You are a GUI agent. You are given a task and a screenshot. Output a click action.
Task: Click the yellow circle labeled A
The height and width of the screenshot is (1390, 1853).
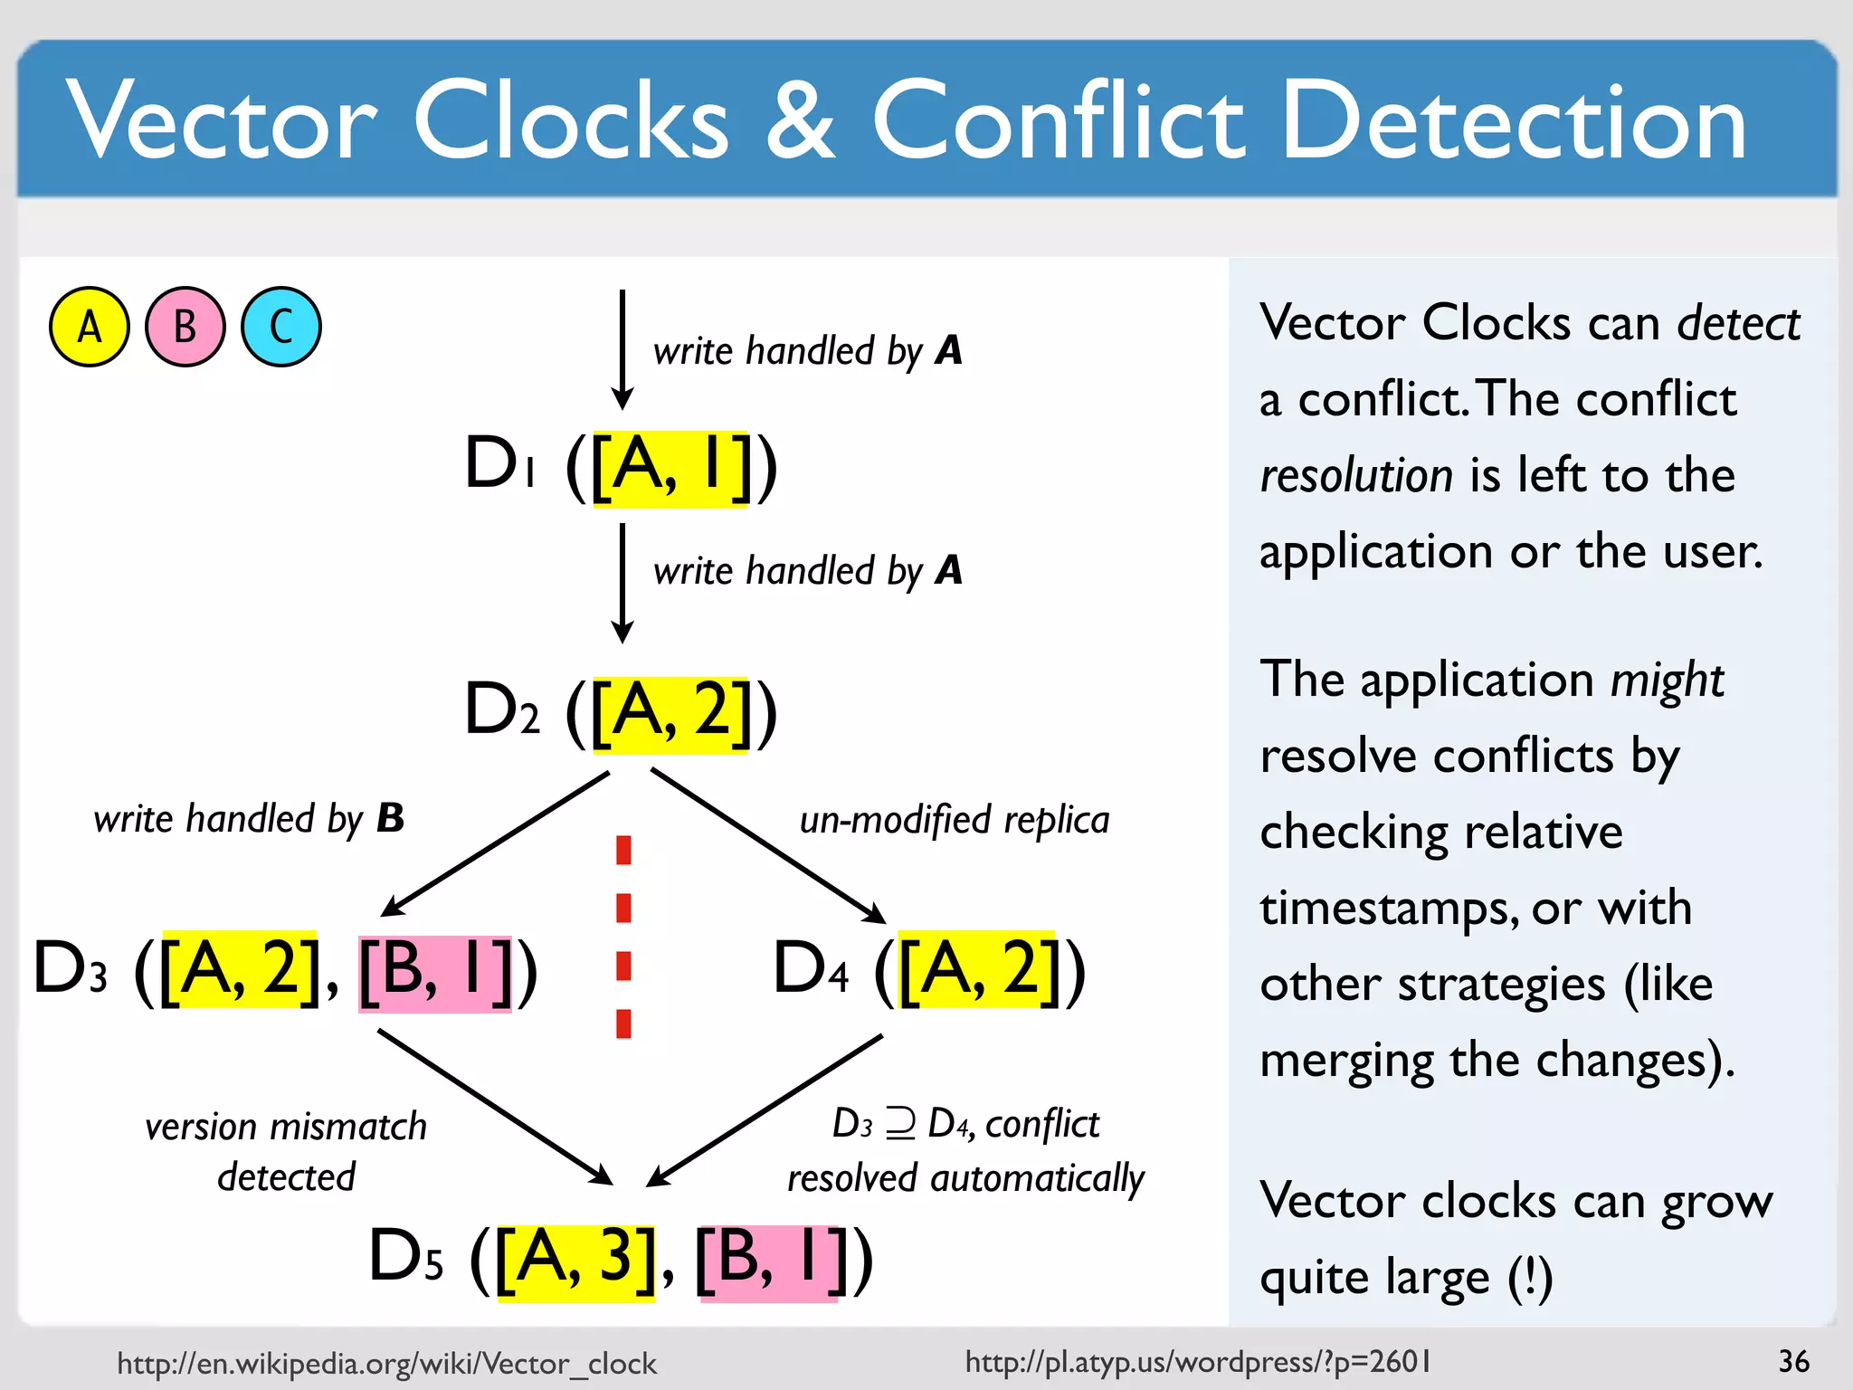pos(89,327)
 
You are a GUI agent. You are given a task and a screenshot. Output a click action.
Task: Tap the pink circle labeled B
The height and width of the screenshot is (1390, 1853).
pos(185,327)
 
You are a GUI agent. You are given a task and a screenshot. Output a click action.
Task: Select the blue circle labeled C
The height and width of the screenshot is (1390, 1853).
pos(280,327)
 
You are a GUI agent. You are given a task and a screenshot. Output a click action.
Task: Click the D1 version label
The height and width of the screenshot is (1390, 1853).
pos(500,464)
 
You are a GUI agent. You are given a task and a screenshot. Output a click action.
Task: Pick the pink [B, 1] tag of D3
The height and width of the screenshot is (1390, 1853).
pos(435,972)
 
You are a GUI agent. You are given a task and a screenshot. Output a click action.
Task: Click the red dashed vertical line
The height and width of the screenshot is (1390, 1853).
pos(623,937)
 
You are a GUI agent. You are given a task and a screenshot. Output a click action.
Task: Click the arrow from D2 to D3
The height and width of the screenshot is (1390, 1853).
pos(496,843)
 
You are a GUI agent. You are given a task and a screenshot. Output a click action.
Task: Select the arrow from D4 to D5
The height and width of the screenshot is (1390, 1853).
pos(765,1110)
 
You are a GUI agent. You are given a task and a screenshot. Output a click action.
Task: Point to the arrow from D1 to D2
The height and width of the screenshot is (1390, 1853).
pos(622,584)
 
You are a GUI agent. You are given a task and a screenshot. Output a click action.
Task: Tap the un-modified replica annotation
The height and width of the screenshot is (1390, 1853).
pos(955,820)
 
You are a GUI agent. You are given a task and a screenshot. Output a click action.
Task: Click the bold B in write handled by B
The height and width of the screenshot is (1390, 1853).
pos(390,818)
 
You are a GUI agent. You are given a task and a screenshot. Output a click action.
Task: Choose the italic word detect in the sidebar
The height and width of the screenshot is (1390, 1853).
pos(1738,323)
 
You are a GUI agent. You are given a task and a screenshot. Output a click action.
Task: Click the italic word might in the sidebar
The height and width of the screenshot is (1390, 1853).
pos(1667,680)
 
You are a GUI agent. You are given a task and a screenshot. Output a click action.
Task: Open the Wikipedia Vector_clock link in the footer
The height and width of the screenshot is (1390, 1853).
pos(386,1363)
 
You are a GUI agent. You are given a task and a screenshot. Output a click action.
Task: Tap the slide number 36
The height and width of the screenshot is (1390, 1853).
pos(1793,1361)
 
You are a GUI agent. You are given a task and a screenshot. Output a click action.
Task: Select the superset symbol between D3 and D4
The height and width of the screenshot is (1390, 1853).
pos(900,1124)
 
